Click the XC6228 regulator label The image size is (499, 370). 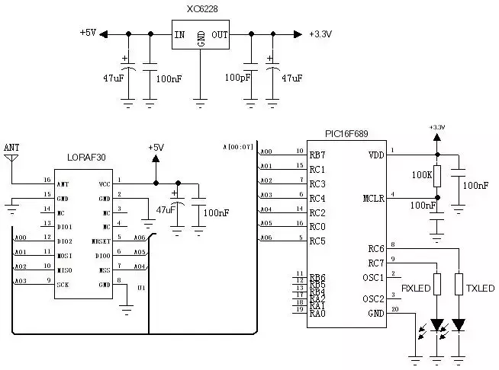tap(201, 9)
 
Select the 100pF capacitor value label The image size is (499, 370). tap(238, 78)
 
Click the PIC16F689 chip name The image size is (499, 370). tap(346, 134)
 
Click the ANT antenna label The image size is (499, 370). tap(11, 147)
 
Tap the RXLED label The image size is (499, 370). tap(416, 289)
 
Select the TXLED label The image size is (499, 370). tap(480, 289)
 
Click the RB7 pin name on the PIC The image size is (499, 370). tap(317, 155)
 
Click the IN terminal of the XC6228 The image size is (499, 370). tap(179, 34)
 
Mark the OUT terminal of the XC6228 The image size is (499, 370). tap(220, 34)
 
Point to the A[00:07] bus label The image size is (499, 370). tap(237, 147)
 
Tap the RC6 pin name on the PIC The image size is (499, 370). tap(375, 248)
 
